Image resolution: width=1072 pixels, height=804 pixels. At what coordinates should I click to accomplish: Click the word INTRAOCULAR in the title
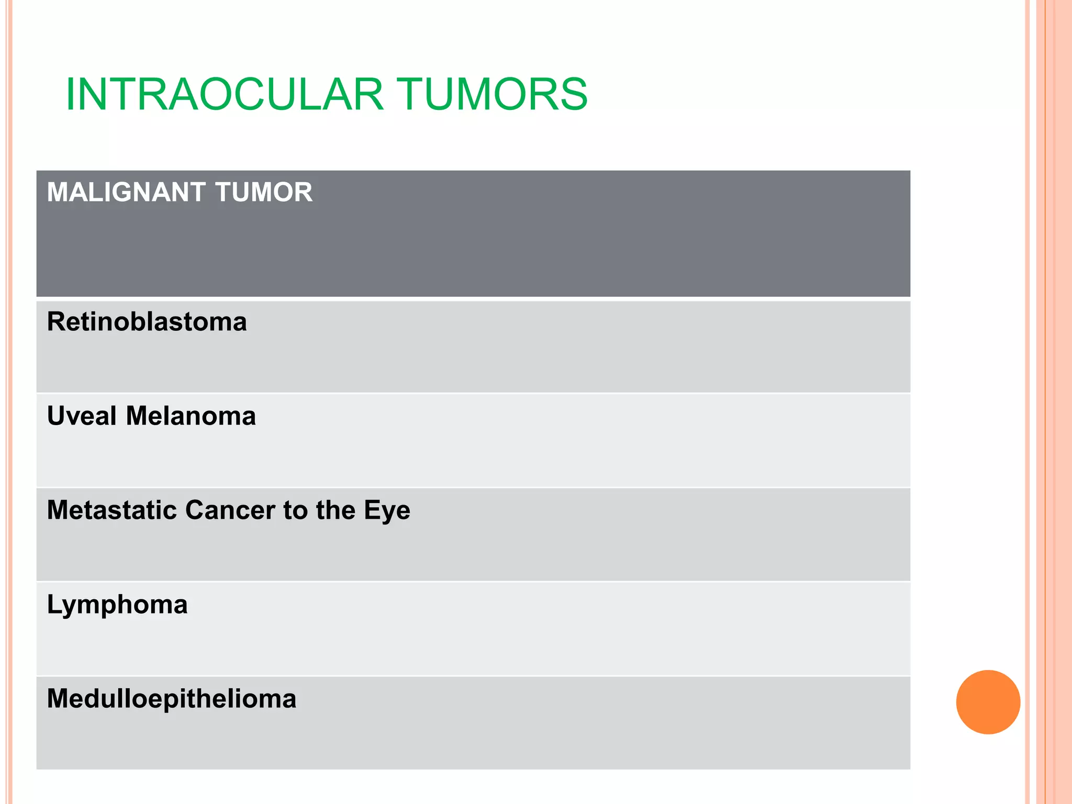pyautogui.click(x=225, y=94)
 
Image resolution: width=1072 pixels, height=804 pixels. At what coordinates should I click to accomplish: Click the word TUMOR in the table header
pyautogui.click(x=264, y=192)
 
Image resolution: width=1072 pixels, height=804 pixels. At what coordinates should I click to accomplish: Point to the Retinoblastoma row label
pyautogui.click(x=147, y=321)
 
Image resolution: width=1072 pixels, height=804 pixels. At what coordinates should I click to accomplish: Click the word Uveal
pyautogui.click(x=82, y=416)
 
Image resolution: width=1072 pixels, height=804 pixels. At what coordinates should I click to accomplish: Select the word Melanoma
pyautogui.click(x=191, y=416)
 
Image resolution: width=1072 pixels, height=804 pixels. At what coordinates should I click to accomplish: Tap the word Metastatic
pyautogui.click(x=111, y=510)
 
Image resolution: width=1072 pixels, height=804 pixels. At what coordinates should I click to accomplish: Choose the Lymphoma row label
pyautogui.click(x=117, y=605)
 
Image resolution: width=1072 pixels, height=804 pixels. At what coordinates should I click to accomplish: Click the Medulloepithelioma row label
pyautogui.click(x=172, y=699)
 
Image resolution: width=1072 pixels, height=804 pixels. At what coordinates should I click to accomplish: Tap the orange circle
pyautogui.click(x=988, y=702)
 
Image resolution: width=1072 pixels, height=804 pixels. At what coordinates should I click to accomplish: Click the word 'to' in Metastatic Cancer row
pyautogui.click(x=295, y=510)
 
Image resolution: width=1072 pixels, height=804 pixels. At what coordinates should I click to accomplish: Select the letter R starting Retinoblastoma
pyautogui.click(x=56, y=321)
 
